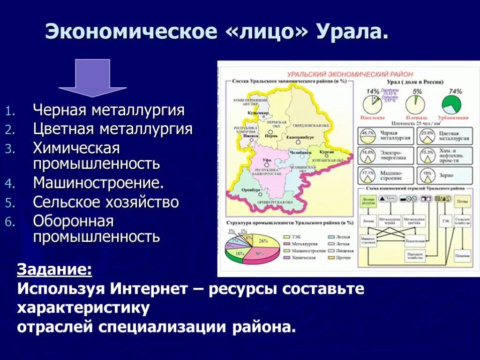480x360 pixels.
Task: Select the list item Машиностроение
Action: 98,183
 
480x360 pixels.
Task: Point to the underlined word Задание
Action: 54,270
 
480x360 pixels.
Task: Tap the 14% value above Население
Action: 373,91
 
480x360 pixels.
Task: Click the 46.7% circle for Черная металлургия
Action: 368,136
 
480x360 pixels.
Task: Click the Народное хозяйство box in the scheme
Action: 416,255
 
